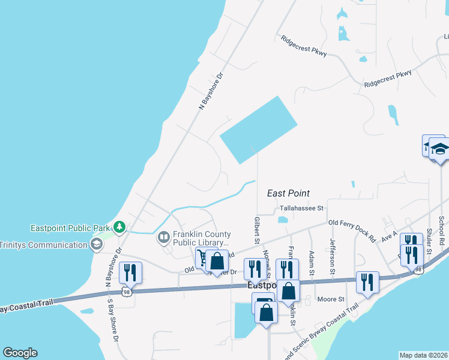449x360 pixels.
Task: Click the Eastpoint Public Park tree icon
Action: tap(120, 227)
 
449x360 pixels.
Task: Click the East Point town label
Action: tap(288, 193)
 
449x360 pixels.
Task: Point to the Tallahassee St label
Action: tap(301, 208)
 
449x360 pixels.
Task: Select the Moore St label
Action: tap(331, 299)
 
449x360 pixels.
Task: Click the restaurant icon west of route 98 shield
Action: tap(130, 273)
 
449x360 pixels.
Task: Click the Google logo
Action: tap(20, 353)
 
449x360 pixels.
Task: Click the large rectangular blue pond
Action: tap(259, 130)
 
